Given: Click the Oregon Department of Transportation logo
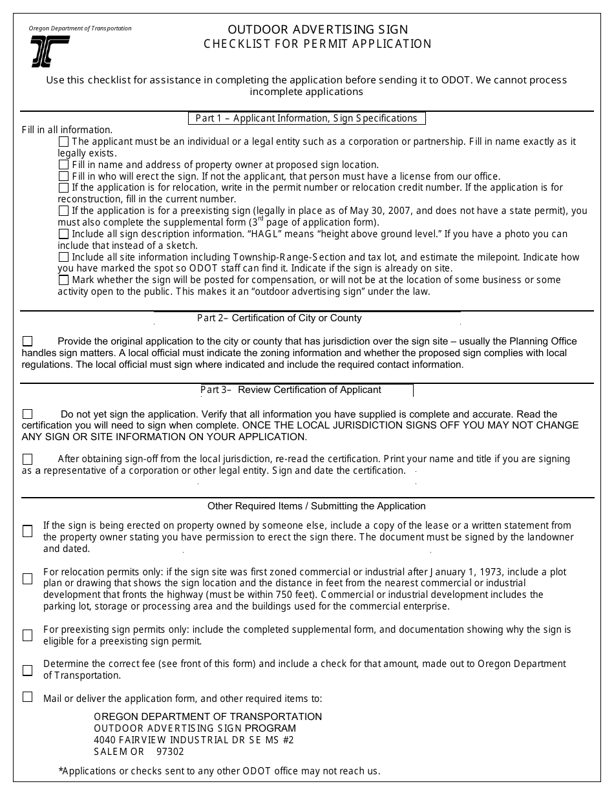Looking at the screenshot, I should click(50, 52).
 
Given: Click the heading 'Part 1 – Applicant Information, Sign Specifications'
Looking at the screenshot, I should click(306, 118).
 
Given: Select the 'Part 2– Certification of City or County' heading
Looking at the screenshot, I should click(279, 318).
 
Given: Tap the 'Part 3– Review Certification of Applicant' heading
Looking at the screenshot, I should click(291, 390).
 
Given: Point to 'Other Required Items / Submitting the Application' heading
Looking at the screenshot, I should click(317, 506).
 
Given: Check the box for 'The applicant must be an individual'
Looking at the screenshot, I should click(63, 141).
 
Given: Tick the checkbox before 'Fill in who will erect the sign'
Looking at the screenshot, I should click(63, 176).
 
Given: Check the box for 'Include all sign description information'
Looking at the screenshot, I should click(63, 234).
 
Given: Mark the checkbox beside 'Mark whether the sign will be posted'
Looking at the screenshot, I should click(63, 280).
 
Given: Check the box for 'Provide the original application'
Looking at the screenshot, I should click(27, 341).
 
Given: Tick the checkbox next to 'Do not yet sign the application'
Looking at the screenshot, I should click(27, 414).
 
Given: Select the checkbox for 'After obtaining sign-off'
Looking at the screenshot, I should click(27, 459).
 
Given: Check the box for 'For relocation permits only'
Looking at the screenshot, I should click(27, 578).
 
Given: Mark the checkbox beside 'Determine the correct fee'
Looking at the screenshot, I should click(27, 670).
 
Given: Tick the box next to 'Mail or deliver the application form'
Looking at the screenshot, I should click(27, 697).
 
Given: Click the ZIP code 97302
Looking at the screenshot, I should click(170, 752).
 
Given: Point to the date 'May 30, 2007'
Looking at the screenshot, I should click(376, 211).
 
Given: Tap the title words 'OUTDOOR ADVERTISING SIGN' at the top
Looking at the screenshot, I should click(317, 30).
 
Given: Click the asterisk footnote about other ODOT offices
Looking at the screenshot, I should click(219, 770).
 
